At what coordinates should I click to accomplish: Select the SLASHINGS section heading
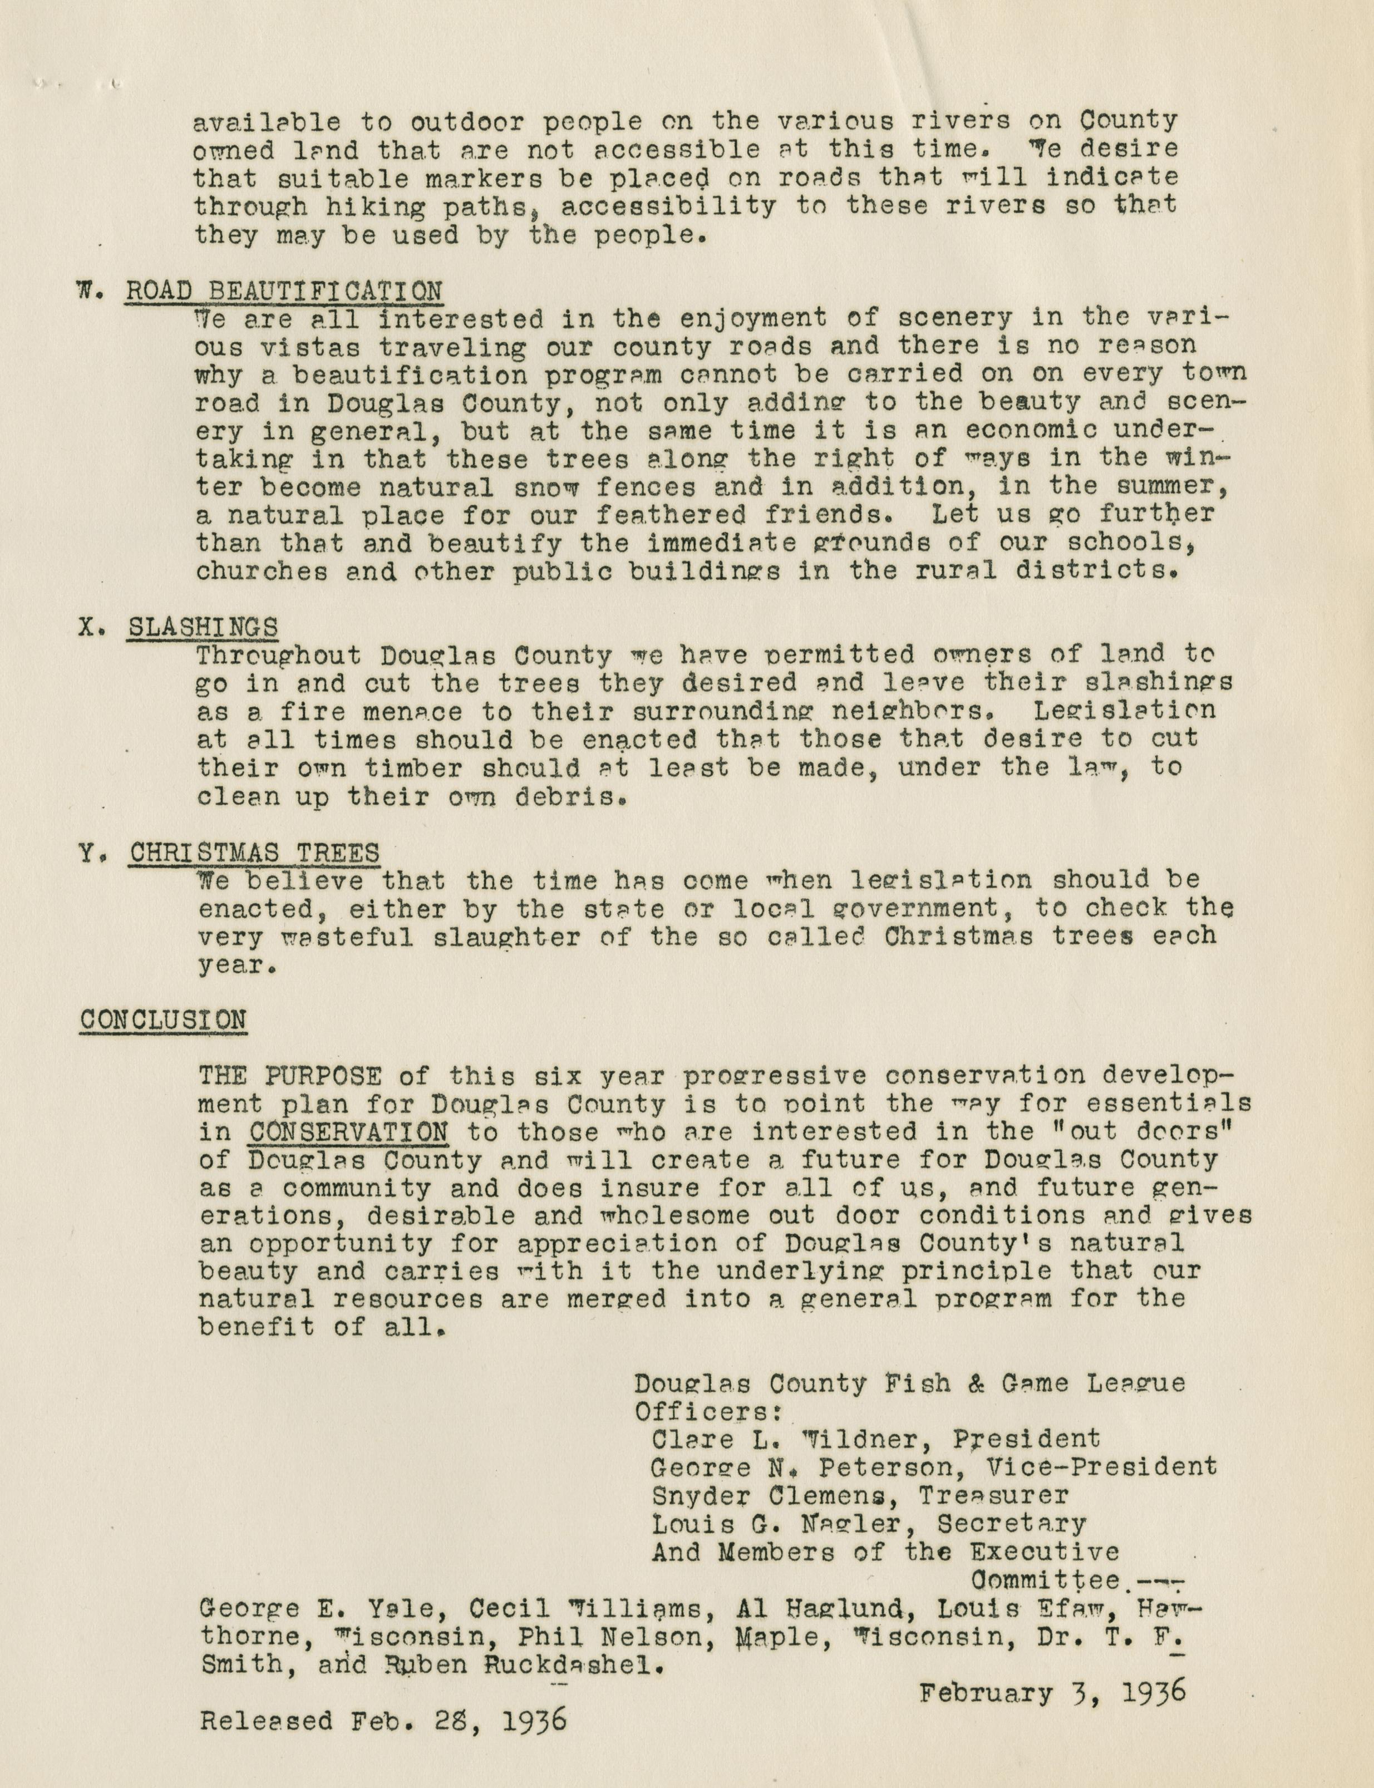point(202,627)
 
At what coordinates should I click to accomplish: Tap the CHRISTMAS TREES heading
point(254,853)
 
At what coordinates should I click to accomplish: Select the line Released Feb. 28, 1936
point(383,1721)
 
